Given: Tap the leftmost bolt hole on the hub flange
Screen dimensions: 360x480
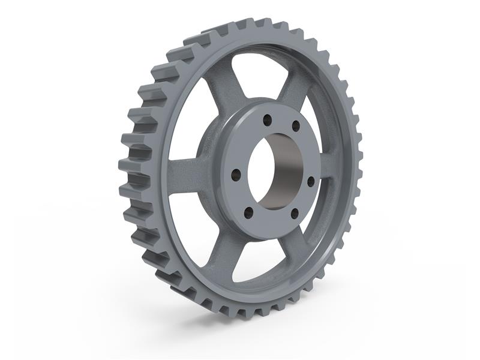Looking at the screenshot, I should tap(236, 175).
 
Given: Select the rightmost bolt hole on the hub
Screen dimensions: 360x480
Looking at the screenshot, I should tap(311, 181).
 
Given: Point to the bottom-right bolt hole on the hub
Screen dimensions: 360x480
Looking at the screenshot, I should tap(294, 213).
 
